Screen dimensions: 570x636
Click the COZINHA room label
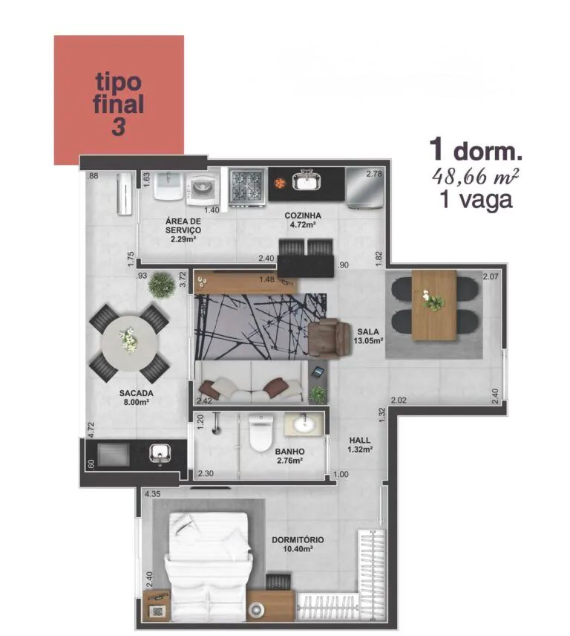click(x=303, y=215)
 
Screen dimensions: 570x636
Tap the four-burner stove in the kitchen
click(x=246, y=187)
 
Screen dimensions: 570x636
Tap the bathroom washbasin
click(x=304, y=425)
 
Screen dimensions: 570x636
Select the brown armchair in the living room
click(x=329, y=337)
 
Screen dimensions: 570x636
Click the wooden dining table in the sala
click(x=434, y=305)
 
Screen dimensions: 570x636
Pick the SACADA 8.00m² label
click(x=136, y=397)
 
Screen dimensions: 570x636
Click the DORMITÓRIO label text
click(x=298, y=540)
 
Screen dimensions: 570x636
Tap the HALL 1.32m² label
click(x=360, y=444)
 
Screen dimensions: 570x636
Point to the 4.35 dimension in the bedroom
click(x=153, y=494)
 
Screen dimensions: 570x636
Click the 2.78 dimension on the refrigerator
click(x=374, y=174)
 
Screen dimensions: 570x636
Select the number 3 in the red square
click(x=118, y=126)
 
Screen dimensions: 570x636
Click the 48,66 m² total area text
click(x=475, y=176)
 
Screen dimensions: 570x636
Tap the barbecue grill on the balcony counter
click(x=114, y=454)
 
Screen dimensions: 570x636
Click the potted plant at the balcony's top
click(x=162, y=285)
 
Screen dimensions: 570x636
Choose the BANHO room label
click(x=289, y=452)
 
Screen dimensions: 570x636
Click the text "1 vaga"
click(x=476, y=200)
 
